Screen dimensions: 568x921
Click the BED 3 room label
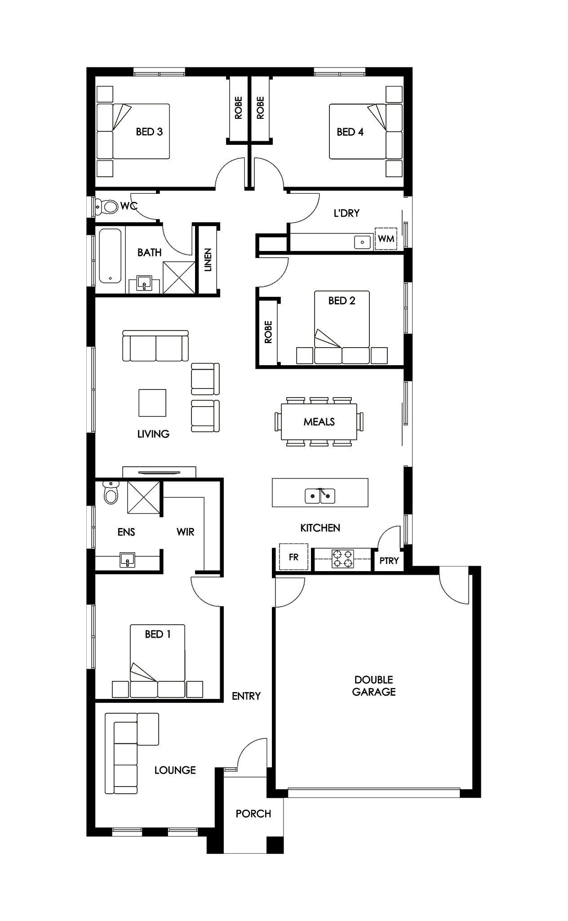tap(149, 132)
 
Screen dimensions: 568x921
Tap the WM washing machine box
tap(386, 238)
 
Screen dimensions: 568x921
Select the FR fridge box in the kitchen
tap(294, 557)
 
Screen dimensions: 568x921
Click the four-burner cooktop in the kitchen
tap(342, 559)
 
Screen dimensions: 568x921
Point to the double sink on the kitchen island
tap(320, 496)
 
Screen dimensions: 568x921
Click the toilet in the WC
tap(107, 206)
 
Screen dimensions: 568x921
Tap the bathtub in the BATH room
tap(110, 256)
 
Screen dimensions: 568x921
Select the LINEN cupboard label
tap(208, 260)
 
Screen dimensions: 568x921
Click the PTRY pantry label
tap(389, 561)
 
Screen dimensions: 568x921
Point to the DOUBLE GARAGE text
tap(374, 686)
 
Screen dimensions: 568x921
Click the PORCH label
tap(253, 814)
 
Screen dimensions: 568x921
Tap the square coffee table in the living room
tap(152, 403)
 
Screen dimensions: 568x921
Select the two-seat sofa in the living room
tap(155, 345)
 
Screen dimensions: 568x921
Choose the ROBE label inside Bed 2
tap(268, 332)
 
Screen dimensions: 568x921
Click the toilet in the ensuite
tap(110, 492)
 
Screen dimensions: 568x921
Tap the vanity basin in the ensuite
tap(128, 560)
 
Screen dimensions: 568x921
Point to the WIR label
tap(185, 532)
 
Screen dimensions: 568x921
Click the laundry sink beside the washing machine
tap(362, 242)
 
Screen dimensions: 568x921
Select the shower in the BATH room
tap(179, 277)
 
